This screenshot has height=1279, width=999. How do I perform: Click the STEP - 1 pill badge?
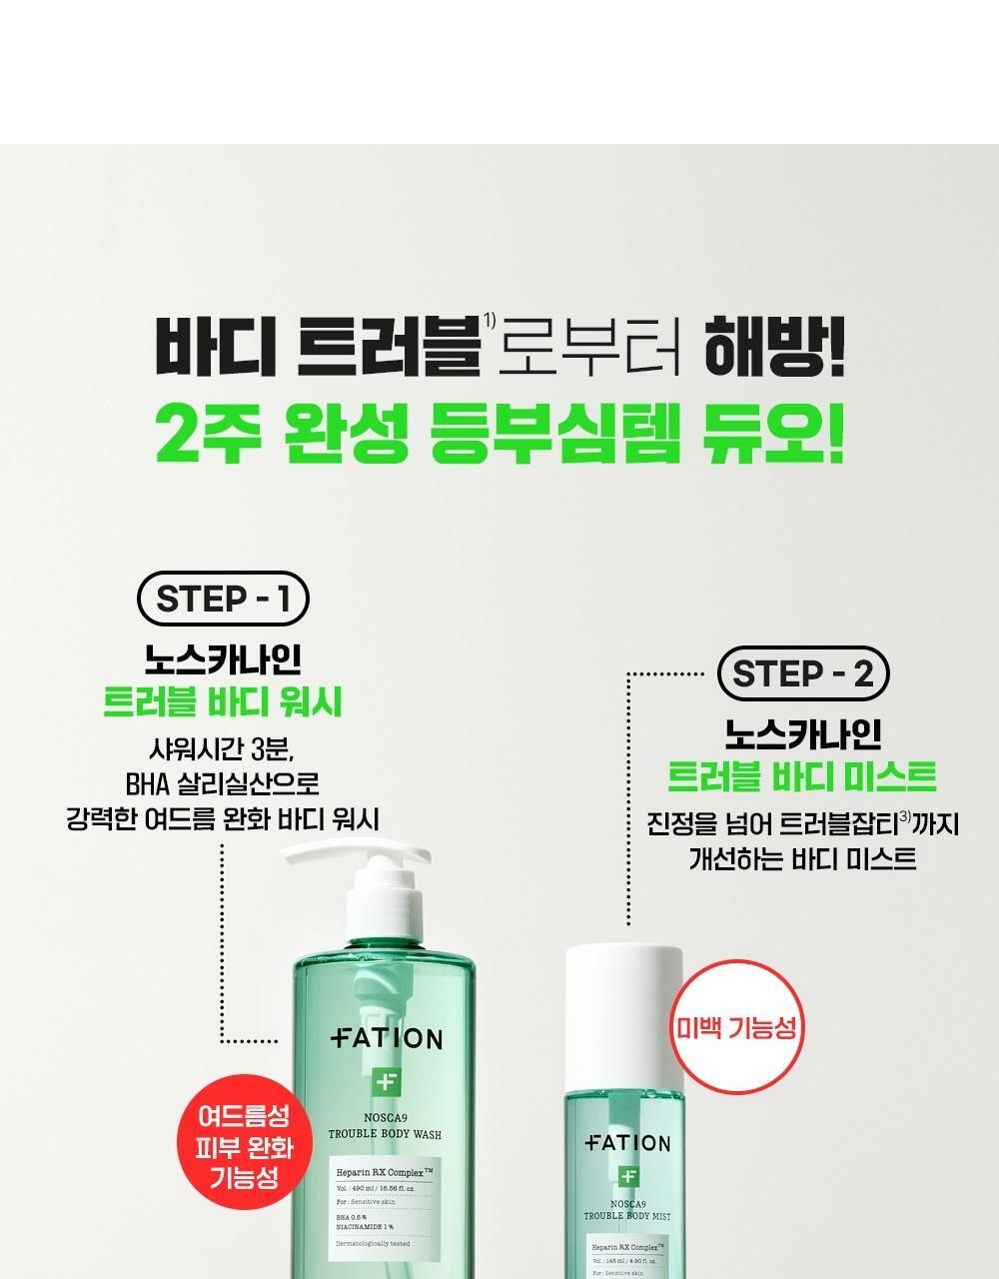pos(223,600)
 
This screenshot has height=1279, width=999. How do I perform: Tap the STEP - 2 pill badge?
pos(803,674)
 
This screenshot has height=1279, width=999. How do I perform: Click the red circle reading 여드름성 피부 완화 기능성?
pos(244,1146)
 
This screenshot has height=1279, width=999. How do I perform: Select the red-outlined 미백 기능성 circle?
pos(737,1026)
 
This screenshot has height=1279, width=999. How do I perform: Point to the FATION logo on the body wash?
pos(387,1039)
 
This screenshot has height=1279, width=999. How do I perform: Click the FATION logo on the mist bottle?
pos(627,1143)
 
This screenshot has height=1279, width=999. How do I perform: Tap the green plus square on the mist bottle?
pos(627,1176)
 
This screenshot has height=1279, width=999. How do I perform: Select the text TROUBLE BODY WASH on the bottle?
pos(386,1135)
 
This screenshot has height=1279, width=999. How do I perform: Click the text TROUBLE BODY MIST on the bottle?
pos(627,1216)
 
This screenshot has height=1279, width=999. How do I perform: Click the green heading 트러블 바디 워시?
pos(223,702)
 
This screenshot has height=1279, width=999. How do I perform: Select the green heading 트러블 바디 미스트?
pos(802,776)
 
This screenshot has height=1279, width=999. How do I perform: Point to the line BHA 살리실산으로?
pos(223,782)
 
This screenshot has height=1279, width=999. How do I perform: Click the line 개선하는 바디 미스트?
pos(802,858)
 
